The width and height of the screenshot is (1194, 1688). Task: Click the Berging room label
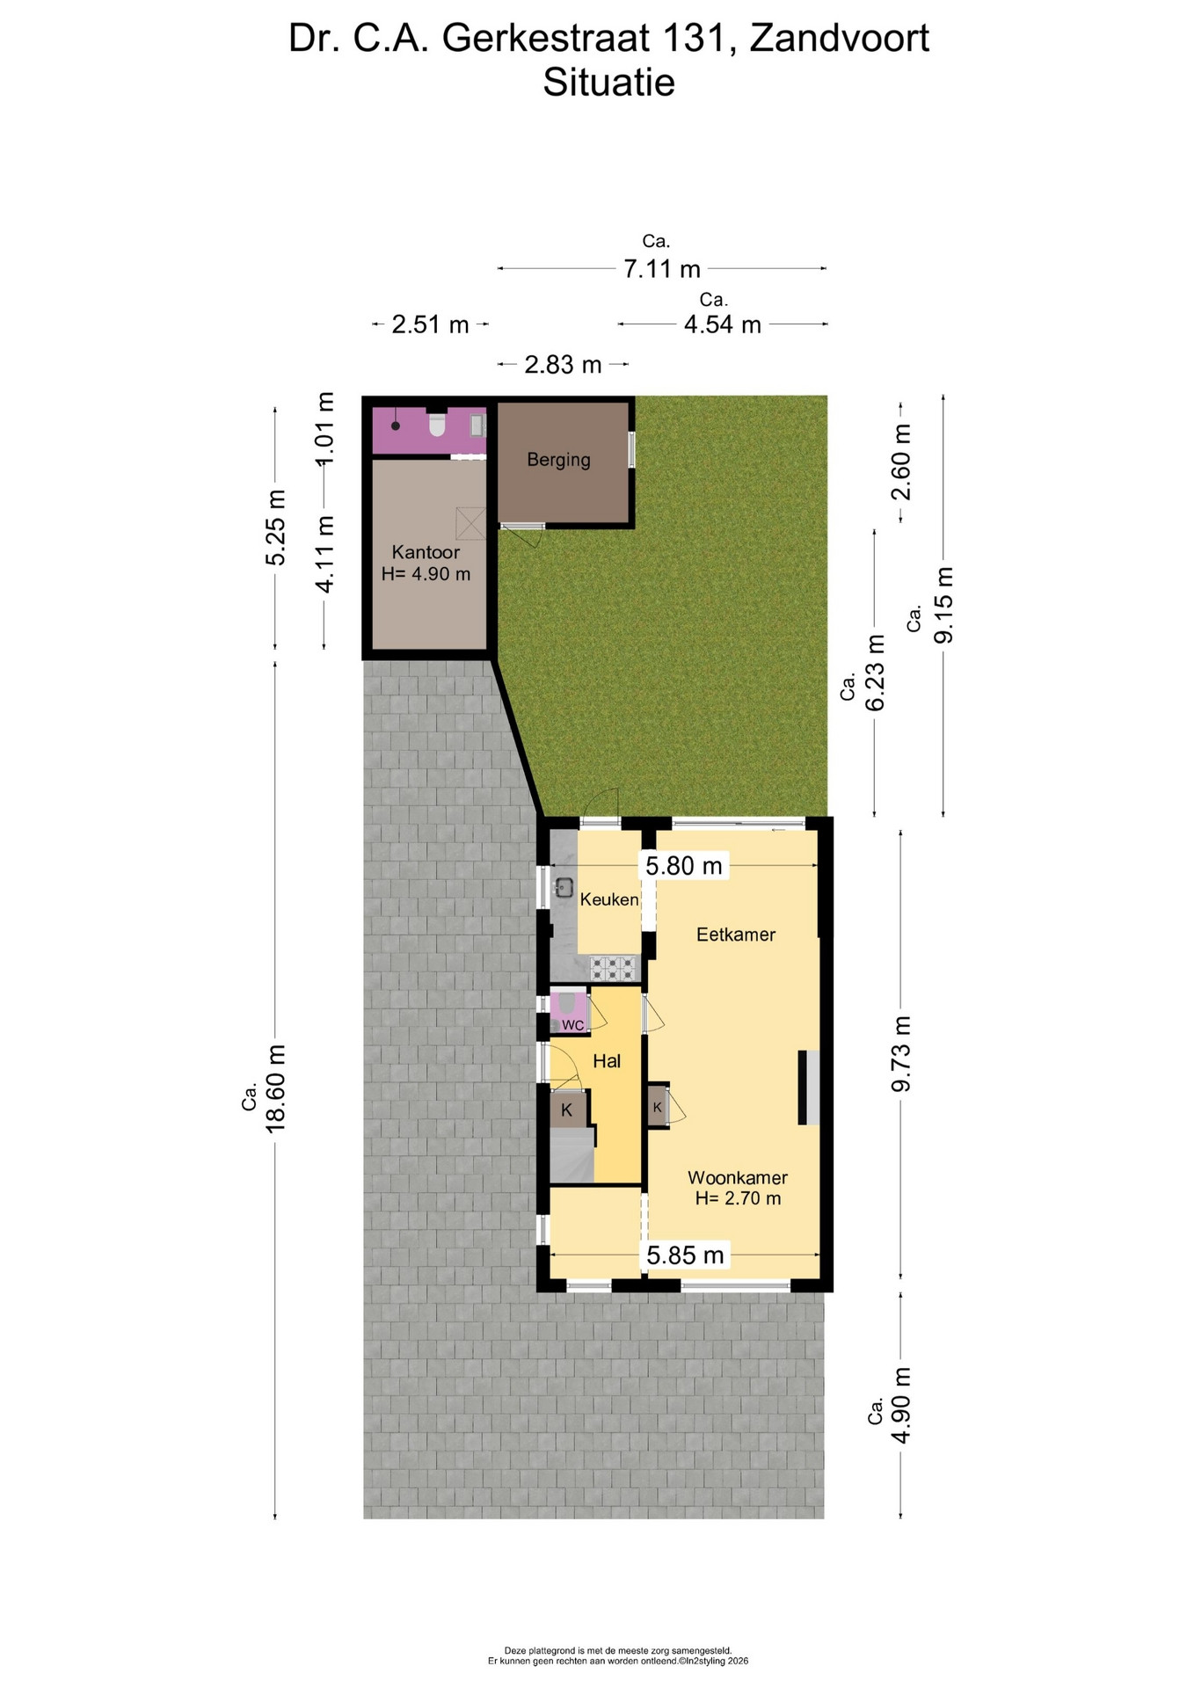[x=558, y=460]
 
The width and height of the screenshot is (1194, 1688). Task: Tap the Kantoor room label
[x=426, y=552]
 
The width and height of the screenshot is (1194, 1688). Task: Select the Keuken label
[x=609, y=899]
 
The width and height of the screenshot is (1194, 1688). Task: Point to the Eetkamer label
[x=736, y=935]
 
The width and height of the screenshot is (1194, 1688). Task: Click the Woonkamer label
[x=738, y=1177]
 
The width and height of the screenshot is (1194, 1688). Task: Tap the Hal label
[x=607, y=1061]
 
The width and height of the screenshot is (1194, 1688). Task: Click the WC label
[x=572, y=1025]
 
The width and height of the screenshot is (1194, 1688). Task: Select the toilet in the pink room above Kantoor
[x=437, y=425]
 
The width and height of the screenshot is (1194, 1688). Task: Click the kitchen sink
[x=564, y=888]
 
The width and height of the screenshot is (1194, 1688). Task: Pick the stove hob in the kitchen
[x=614, y=968]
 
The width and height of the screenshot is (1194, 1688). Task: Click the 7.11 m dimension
[x=662, y=268]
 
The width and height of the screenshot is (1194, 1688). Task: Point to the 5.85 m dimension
[x=686, y=1255]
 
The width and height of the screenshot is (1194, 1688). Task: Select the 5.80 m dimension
[x=684, y=866]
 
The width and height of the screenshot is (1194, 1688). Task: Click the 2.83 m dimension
[x=563, y=364]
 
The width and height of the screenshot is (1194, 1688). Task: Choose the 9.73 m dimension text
[x=901, y=1054]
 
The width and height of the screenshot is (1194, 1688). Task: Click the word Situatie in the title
[x=608, y=83]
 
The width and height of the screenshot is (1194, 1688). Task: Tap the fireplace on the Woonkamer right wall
[x=809, y=1088]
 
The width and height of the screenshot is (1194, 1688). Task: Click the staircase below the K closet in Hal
[x=572, y=1155]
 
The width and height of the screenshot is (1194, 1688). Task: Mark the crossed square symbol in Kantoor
[x=470, y=523]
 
